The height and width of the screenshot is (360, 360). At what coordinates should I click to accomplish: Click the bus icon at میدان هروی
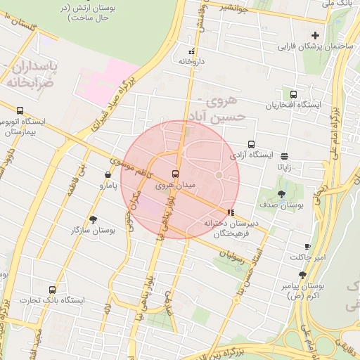click(x=175, y=173)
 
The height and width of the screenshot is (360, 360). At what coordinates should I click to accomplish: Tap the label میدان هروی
click(x=153, y=184)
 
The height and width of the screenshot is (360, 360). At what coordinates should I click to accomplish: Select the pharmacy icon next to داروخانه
click(x=191, y=51)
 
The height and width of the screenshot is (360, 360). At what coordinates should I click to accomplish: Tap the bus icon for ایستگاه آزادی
click(x=252, y=145)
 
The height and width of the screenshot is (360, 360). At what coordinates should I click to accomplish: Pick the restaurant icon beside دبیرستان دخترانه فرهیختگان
click(x=231, y=212)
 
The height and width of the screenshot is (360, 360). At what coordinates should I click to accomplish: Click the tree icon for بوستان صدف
click(x=281, y=194)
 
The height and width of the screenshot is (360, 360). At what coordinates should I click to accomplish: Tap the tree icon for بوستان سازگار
click(x=93, y=219)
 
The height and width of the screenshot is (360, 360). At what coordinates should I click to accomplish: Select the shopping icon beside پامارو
click(x=108, y=175)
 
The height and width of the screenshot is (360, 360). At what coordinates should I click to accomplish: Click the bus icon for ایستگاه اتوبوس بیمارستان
click(x=20, y=110)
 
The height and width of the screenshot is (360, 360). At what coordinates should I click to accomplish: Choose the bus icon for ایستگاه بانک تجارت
click(x=52, y=290)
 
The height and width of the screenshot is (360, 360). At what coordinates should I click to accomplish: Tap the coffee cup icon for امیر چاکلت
click(x=307, y=246)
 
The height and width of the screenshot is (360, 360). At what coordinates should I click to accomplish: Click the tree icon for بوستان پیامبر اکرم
click(x=302, y=275)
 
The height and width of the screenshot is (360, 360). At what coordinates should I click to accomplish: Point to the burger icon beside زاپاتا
click(x=284, y=156)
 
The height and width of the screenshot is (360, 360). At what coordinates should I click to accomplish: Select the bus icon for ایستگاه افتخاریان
click(x=293, y=94)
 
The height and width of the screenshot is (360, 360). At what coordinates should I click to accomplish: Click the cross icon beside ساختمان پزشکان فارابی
click(x=315, y=35)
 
